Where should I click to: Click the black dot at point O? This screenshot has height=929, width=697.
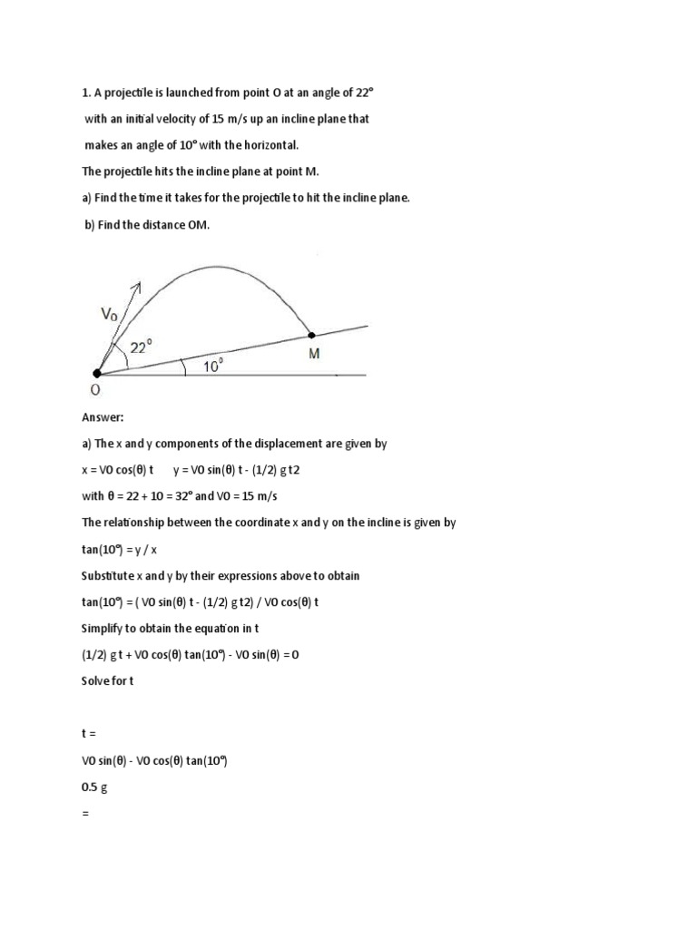coord(97,373)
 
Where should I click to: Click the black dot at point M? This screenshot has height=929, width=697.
coord(312,335)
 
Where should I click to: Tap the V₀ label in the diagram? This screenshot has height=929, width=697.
coord(109,315)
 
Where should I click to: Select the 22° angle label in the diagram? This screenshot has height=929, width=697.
coord(141,347)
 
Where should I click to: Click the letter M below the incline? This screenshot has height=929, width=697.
coord(314,354)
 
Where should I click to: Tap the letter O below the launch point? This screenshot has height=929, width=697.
coord(95,390)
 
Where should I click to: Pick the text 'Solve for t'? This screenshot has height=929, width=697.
coord(108,680)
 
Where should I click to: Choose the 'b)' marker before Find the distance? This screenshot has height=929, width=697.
coord(92,224)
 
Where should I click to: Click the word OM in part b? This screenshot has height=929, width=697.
coord(198,224)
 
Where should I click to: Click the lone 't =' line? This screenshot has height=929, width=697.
coord(89,734)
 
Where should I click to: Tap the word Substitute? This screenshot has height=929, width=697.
coord(109,575)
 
